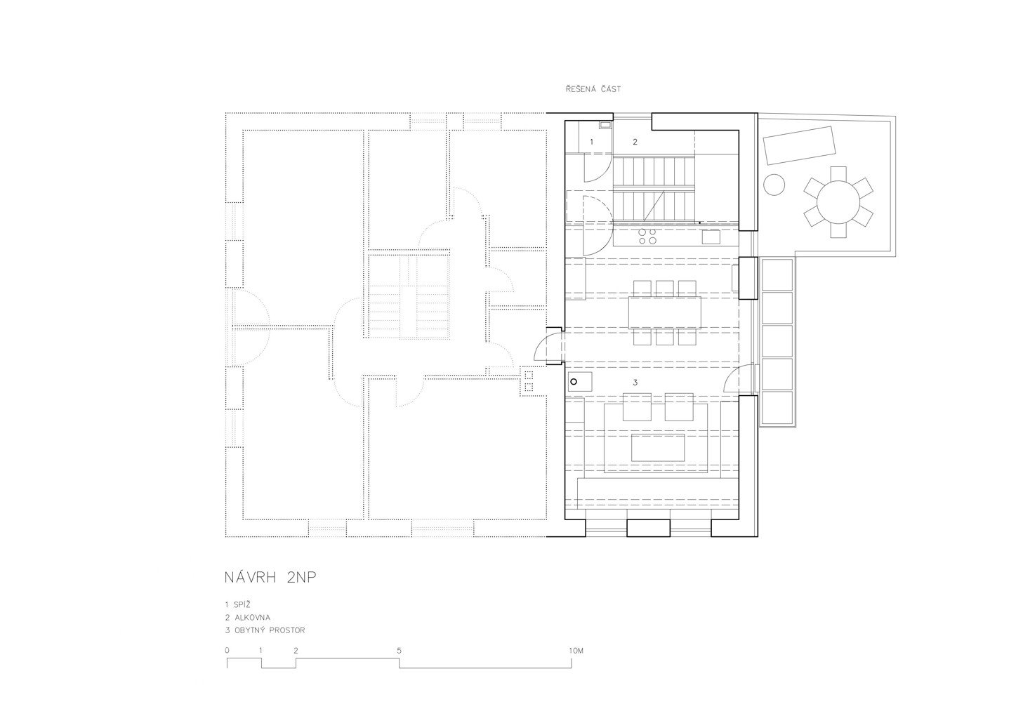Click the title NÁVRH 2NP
click(x=270, y=578)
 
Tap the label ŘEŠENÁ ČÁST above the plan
click(x=593, y=89)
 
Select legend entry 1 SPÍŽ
click(x=239, y=604)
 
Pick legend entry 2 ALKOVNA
click(x=248, y=618)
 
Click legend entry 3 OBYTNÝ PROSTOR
click(x=265, y=630)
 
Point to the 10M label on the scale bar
click(x=576, y=651)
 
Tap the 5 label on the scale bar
click(x=399, y=651)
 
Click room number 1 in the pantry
click(x=591, y=142)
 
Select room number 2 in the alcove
click(x=635, y=142)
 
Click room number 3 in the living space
click(x=635, y=383)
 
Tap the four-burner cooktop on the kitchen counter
click(x=647, y=237)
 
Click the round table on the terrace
click(x=838, y=202)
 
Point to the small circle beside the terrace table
click(x=774, y=185)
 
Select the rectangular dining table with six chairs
click(x=664, y=312)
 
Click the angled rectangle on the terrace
click(x=799, y=145)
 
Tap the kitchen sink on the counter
click(x=711, y=237)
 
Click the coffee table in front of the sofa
click(x=658, y=448)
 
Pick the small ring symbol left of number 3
click(x=574, y=382)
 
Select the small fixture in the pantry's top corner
click(x=605, y=124)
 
